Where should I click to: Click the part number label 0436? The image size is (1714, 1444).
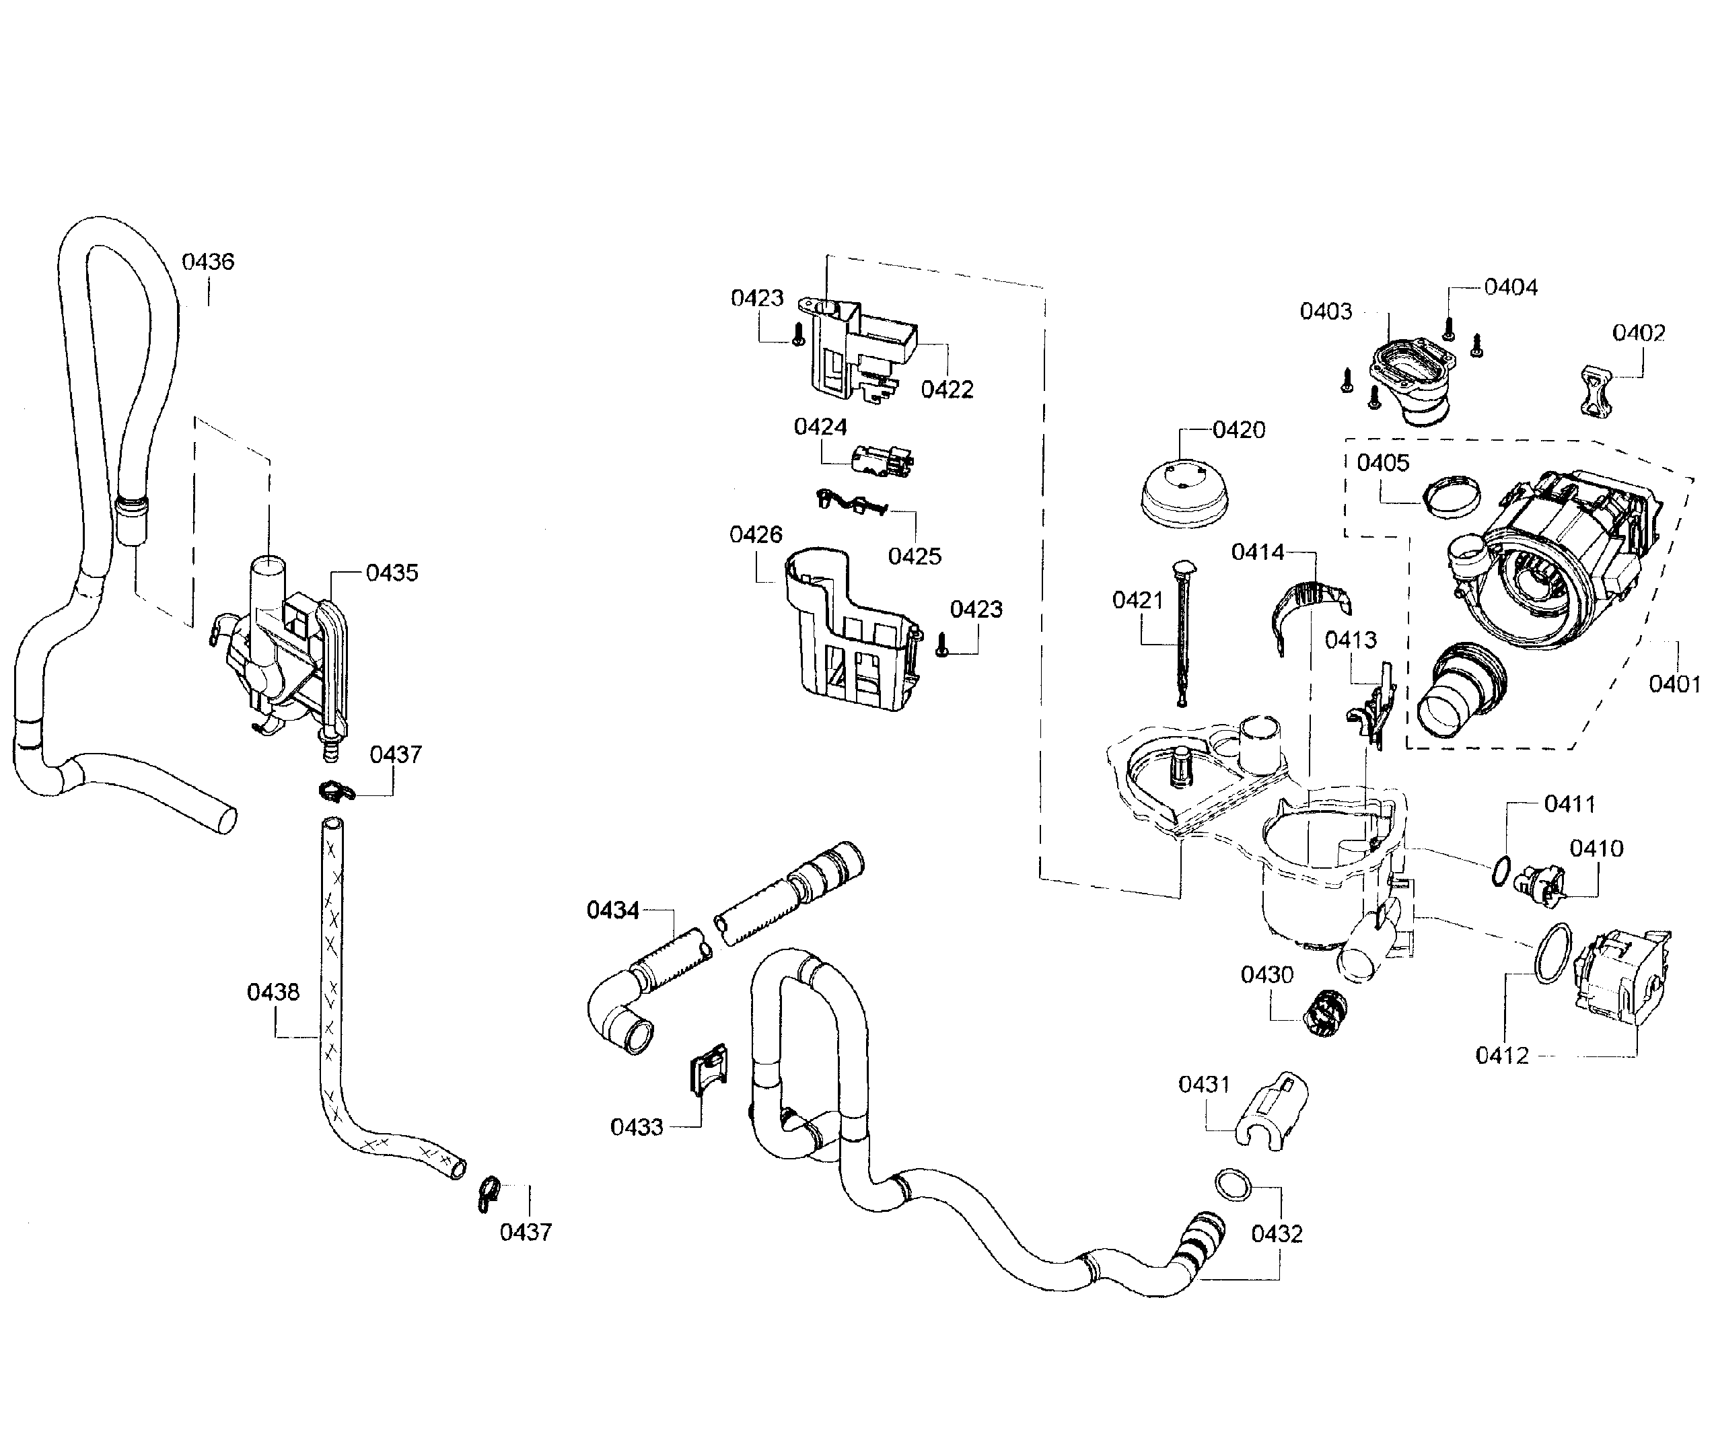tap(208, 262)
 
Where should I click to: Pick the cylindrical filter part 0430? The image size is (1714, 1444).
tap(1323, 1013)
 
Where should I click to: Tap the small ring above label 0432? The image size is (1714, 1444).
tap(1234, 1184)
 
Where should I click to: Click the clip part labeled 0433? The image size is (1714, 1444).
tap(709, 1069)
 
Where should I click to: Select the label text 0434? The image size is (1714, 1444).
tap(612, 910)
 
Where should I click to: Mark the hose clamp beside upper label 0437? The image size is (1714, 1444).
tap(334, 791)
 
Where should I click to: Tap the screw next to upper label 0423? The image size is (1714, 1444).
tap(799, 335)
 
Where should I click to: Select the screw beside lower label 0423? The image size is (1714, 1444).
tap(942, 644)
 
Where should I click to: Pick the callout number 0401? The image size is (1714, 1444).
tap(1673, 684)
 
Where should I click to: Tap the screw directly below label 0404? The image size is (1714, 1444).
tap(1448, 330)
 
